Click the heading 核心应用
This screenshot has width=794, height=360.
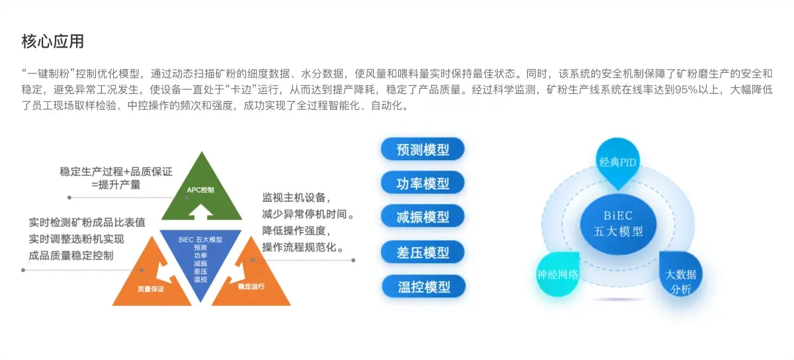(x=52, y=41)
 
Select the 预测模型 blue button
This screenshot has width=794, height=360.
(x=423, y=150)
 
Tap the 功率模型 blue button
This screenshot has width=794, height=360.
(x=423, y=183)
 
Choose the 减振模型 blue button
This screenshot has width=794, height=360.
(x=423, y=216)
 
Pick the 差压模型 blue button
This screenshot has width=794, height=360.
(x=423, y=252)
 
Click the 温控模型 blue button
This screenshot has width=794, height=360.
(x=423, y=287)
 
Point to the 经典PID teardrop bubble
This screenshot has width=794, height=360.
(x=618, y=161)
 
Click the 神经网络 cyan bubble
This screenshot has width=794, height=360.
(x=558, y=274)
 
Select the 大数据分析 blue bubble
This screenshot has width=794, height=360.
(x=681, y=274)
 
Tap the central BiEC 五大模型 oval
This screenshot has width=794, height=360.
(x=618, y=224)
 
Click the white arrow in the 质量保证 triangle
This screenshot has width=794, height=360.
(x=165, y=273)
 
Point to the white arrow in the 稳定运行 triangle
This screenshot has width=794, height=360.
(x=237, y=273)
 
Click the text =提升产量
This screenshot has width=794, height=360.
(x=116, y=185)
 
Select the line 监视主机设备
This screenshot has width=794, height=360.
(x=296, y=197)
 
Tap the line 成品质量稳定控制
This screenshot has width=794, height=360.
(x=71, y=255)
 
